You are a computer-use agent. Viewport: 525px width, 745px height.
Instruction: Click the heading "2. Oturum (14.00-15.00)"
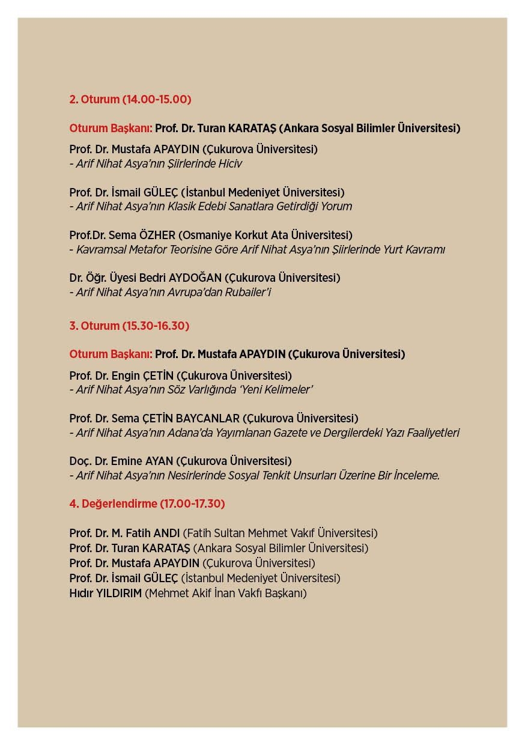(x=130, y=99)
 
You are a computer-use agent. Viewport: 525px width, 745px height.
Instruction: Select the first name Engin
(x=126, y=376)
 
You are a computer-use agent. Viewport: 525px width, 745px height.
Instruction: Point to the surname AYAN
(x=158, y=461)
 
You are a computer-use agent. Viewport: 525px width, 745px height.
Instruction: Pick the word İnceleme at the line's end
(x=416, y=475)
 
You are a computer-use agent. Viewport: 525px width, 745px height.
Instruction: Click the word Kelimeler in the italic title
(x=291, y=390)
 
